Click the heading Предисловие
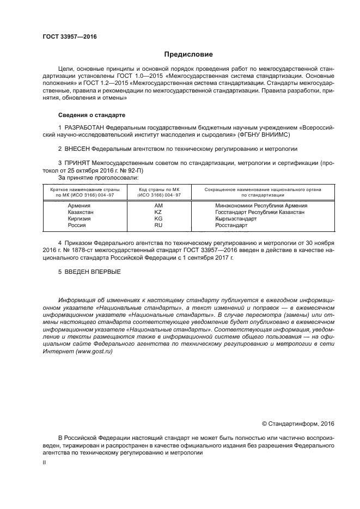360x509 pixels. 189,54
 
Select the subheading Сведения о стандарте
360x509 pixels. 91,115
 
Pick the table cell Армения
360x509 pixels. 79,205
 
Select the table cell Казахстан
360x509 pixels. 81,212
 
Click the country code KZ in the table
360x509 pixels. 158,212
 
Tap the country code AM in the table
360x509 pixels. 158,205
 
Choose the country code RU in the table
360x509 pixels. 158,225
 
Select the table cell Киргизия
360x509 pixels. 80,218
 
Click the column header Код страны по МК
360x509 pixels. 159,189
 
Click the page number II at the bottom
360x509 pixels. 45,462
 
